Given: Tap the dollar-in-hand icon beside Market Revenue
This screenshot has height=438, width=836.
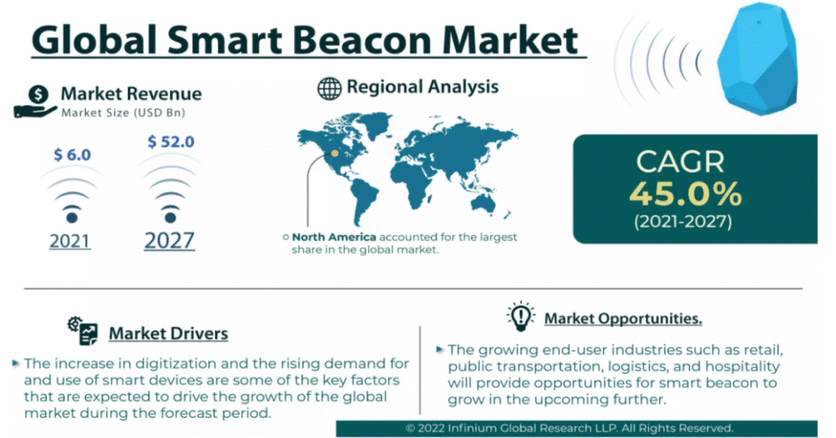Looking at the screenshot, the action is coord(35,102).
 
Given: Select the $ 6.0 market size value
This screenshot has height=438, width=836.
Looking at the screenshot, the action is coord(72,154).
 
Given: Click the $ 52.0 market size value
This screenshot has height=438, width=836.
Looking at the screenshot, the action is coord(171,141).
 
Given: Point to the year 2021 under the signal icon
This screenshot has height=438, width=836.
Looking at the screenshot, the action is coord(70,241).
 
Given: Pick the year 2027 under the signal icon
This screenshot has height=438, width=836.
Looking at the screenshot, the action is coord(169,240).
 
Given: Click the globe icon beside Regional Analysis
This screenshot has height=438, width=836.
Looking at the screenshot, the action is coord(329,88).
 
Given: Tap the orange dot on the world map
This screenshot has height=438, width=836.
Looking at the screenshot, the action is coord(335,154).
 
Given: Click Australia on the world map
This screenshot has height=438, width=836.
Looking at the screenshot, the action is coord(484,203).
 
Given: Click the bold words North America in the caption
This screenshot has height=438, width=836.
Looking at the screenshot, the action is coord(334,237).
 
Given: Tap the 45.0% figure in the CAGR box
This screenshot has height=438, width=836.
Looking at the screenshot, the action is coord(685,194).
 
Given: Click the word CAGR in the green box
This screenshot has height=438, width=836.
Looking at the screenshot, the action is coord(681,161).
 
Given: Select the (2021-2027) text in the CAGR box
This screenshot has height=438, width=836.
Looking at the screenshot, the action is coord(683,221).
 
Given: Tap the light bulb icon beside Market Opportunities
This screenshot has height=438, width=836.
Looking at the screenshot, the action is coord(520,315).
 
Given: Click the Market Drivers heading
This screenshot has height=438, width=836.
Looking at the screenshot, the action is coord(168,333).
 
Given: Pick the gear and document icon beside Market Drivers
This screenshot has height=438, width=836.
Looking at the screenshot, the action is coord(82,331).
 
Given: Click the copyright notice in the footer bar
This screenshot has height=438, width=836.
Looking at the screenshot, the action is coord(569,428).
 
